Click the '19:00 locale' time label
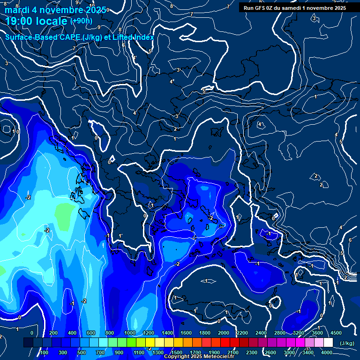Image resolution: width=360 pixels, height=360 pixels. tap(37, 22)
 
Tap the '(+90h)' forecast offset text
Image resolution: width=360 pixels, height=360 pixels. tap(81, 21)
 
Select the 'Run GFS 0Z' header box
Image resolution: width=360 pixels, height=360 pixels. tap(294, 7)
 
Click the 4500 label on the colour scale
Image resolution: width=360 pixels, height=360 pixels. tap(336, 333)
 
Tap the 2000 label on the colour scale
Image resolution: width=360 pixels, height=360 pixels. tap(224, 333)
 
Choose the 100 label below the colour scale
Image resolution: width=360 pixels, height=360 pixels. tap(45, 352)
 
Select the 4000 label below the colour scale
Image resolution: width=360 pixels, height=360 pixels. tap(327, 352)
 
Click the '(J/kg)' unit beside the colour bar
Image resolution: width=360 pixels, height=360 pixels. tap(347, 343)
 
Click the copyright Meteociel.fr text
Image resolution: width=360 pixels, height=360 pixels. tap(199, 357)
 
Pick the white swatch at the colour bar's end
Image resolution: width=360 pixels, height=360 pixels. tap(328, 343)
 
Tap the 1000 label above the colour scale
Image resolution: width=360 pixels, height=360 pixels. tap(130, 333)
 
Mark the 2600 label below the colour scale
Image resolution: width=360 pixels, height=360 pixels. tap(270, 352)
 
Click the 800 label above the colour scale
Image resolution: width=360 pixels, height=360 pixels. tap(110, 333)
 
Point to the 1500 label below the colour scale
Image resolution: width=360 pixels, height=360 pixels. tap(177, 352)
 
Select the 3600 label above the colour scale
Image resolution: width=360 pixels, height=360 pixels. tap(317, 333)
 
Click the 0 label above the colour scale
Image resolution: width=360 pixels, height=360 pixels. tap(32, 333)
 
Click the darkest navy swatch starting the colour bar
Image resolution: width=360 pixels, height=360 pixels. tap(28, 343)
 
